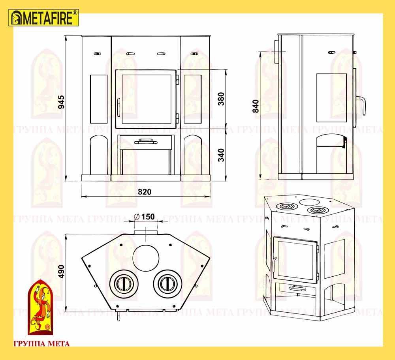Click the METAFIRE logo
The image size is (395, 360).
tap(44, 18)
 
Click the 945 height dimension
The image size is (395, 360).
tap(61, 102)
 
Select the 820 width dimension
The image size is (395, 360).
tap(145, 192)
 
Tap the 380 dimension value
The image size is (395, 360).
tap(221, 99)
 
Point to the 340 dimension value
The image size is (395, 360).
tap(221, 155)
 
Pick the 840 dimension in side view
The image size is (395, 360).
tap(256, 106)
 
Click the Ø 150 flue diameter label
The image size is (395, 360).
tap(145, 217)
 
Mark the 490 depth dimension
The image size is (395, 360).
tap(61, 272)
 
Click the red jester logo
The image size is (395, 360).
tap(40, 307)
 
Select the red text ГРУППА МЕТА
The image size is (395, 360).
tap(41, 344)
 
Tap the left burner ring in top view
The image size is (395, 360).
tap(124, 284)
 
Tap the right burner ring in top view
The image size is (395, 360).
tap(167, 284)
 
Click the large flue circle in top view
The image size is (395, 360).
tap(146, 258)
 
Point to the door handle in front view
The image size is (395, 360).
tap(118, 107)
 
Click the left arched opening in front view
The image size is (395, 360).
tap(99, 155)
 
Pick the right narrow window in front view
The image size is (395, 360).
tap(193, 99)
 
